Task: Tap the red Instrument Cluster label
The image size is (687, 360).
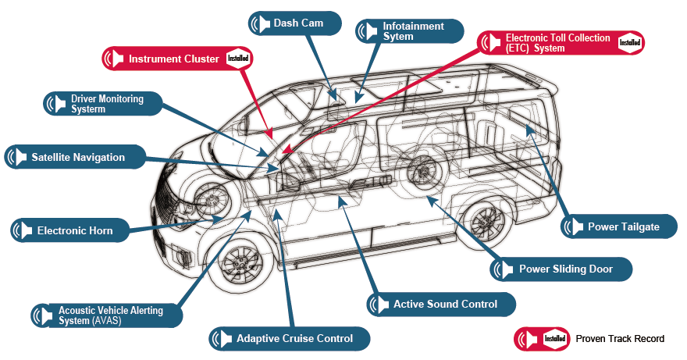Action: (x=173, y=59)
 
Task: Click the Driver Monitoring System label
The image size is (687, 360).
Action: (x=106, y=104)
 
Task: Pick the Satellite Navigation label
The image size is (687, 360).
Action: (x=78, y=157)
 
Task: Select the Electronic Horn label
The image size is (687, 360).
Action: (x=74, y=230)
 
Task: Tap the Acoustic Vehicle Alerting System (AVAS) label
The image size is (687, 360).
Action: (x=110, y=315)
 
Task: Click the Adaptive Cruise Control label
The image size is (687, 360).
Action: (x=295, y=339)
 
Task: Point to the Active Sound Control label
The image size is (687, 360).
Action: (x=445, y=304)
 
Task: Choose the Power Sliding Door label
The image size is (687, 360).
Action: (x=565, y=269)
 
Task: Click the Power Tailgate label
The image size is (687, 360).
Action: (x=623, y=227)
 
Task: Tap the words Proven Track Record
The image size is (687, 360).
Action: (x=620, y=339)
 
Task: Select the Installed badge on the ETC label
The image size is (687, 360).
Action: (x=629, y=43)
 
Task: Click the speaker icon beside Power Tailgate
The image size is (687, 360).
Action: (x=573, y=227)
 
